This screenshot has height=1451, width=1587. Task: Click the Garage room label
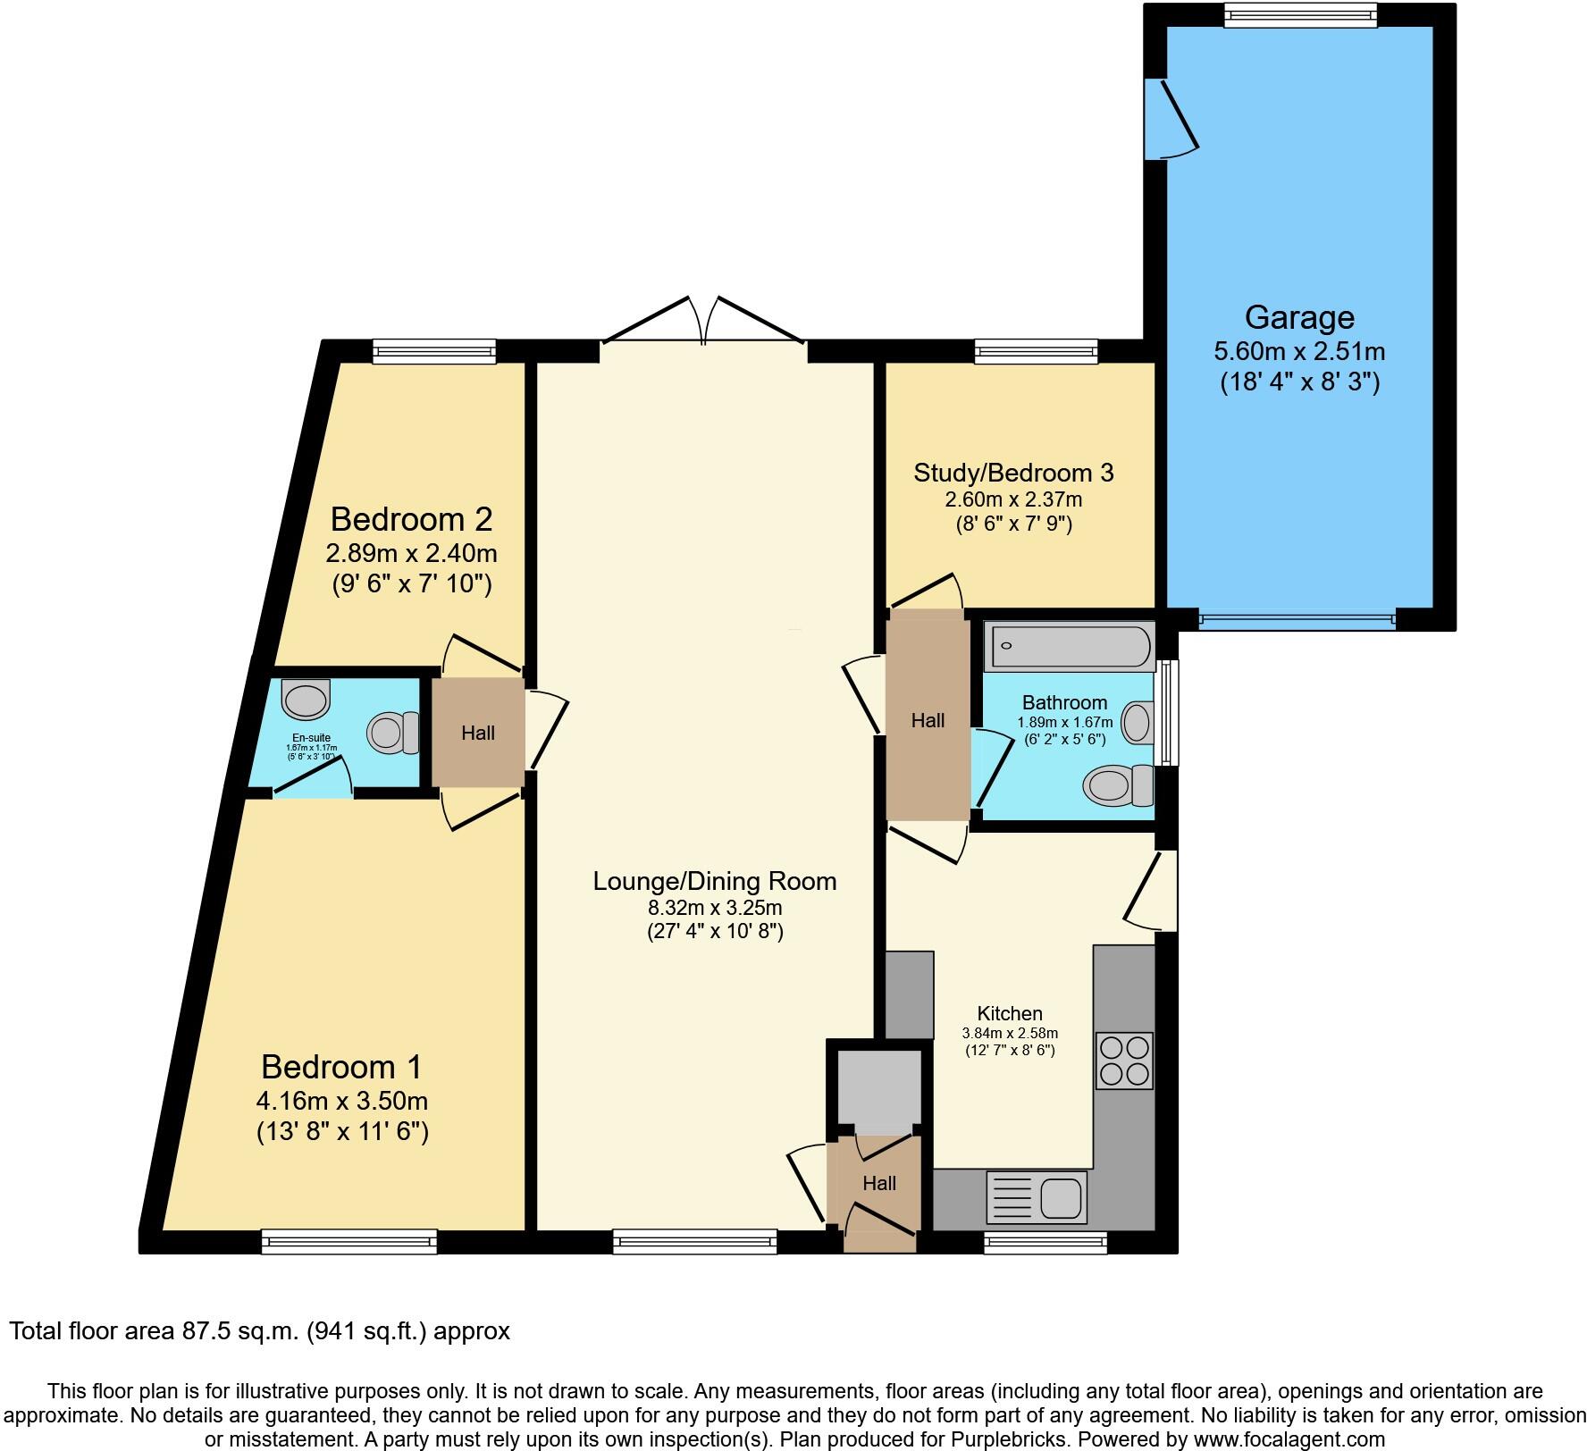(x=1298, y=317)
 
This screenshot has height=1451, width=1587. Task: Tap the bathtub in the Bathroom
(x=1067, y=648)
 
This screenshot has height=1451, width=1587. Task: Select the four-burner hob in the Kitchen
(x=1124, y=1061)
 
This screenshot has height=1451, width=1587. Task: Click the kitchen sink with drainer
(x=1037, y=1197)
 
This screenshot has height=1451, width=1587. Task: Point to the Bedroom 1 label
(x=341, y=1067)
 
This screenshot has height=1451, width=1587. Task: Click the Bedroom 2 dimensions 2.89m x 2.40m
(x=411, y=553)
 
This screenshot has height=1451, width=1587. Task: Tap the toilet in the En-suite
(x=394, y=732)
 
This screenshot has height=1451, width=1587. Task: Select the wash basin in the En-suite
(x=306, y=700)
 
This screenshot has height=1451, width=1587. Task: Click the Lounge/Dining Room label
(x=715, y=881)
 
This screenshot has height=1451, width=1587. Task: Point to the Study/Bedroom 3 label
(x=1013, y=473)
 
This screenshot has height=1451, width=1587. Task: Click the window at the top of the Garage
(x=1300, y=14)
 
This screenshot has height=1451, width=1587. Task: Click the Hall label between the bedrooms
(x=478, y=734)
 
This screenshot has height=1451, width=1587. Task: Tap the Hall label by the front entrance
(x=879, y=1183)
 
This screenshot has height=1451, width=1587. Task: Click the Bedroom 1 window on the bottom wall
(x=349, y=1241)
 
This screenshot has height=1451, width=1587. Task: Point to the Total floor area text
(x=259, y=1331)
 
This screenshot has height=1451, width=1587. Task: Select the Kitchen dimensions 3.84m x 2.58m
(x=1010, y=1033)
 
